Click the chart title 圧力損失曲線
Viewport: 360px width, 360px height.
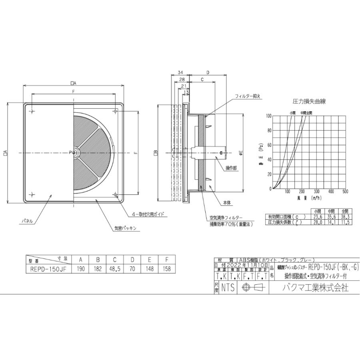(309, 101)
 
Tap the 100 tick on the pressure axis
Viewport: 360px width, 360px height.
(268, 116)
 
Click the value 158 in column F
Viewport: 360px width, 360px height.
(166, 269)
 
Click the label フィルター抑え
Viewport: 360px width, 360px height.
(247, 96)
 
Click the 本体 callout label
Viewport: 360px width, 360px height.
(228, 203)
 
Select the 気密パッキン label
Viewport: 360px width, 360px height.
(125, 228)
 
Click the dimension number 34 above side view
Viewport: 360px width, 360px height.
(180, 73)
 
